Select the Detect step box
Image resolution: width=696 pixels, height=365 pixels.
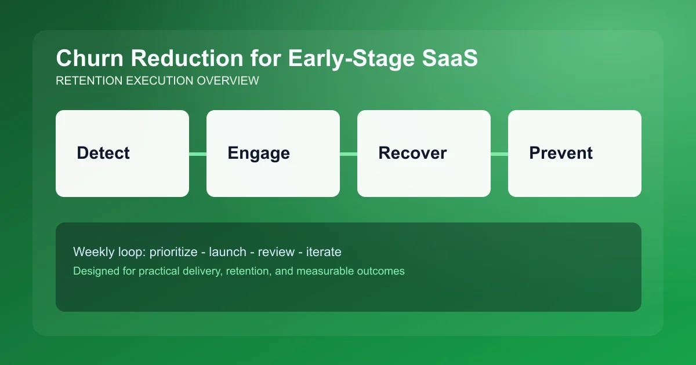pos(122,154)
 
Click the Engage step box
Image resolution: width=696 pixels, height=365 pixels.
pos(273,154)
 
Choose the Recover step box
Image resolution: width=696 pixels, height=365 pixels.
pos(424,154)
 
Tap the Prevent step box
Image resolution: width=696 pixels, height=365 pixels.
pos(575,154)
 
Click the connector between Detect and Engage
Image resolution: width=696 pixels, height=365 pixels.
pos(198,154)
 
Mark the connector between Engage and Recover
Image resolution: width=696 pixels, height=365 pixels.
pos(349,154)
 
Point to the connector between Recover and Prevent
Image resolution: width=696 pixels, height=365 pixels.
pos(499,154)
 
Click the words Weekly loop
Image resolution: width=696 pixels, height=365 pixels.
pos(109,252)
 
